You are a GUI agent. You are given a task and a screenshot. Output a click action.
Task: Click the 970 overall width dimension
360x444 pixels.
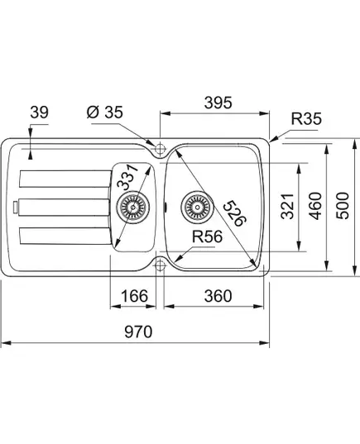[x=138, y=332]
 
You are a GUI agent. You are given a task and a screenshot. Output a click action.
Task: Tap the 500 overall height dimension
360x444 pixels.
[x=342, y=205]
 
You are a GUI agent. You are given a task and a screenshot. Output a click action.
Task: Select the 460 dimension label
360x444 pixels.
[x=315, y=206]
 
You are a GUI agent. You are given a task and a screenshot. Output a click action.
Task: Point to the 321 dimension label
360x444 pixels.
[x=287, y=207]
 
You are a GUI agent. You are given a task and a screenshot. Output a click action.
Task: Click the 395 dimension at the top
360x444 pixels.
[x=218, y=103]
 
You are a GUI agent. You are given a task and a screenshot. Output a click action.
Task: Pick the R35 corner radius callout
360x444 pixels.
[x=306, y=118]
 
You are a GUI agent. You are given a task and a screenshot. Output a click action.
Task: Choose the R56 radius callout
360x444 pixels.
[x=207, y=236]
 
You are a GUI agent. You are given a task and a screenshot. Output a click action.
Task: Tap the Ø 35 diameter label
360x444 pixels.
[x=104, y=112]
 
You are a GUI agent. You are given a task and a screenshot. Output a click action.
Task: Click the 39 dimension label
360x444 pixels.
[x=40, y=112]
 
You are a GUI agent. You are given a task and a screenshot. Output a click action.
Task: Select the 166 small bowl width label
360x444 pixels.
[x=134, y=296]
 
